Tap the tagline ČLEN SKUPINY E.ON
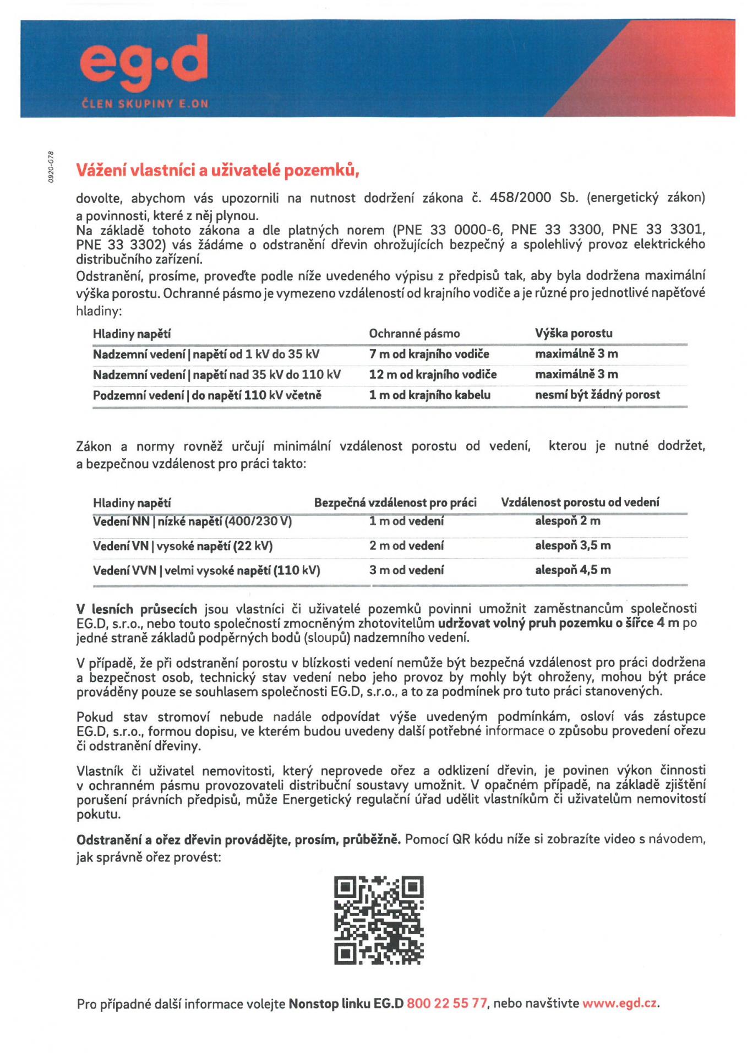pos(145,103)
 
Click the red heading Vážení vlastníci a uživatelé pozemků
pos(217,171)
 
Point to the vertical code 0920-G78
pos(50,167)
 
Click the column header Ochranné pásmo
pos(414,334)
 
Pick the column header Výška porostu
pos(574,333)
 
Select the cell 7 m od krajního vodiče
pos(429,354)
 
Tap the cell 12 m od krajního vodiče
pos(433,374)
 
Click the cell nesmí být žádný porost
pos(597,395)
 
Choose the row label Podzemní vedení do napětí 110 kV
pos(207,395)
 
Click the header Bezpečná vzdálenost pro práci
pos(395,503)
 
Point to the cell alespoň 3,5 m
pos(572,546)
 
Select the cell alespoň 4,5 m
pos(572,570)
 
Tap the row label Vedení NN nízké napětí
pos(192,521)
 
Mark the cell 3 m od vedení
pos(406,570)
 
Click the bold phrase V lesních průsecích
pos(137,609)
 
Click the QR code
pos(379,920)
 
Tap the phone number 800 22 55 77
pos(446,1003)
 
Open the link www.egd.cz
pos(619,1003)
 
